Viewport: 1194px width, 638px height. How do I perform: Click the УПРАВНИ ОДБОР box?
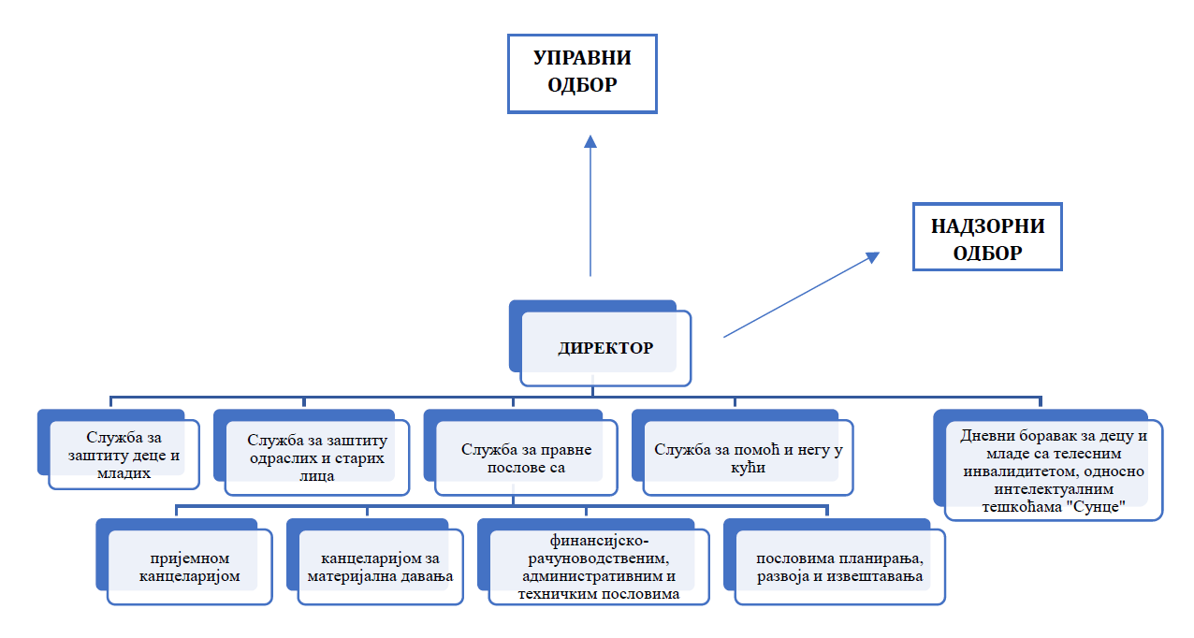coord(582,73)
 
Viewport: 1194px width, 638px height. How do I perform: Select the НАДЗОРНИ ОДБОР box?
coord(987,239)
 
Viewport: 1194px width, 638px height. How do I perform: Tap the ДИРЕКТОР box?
coord(605,348)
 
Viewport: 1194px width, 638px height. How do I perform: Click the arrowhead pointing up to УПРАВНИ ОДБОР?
coord(590,141)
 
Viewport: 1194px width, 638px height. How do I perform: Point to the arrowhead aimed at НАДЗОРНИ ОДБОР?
coord(872,256)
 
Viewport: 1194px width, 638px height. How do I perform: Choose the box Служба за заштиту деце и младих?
coord(124,454)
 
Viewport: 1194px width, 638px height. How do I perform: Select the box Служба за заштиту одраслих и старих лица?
coord(317,456)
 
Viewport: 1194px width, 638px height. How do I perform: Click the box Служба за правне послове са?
coord(526,457)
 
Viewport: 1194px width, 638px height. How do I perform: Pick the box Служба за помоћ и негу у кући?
coord(747,457)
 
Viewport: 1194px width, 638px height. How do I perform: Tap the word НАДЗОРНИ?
coord(987,225)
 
